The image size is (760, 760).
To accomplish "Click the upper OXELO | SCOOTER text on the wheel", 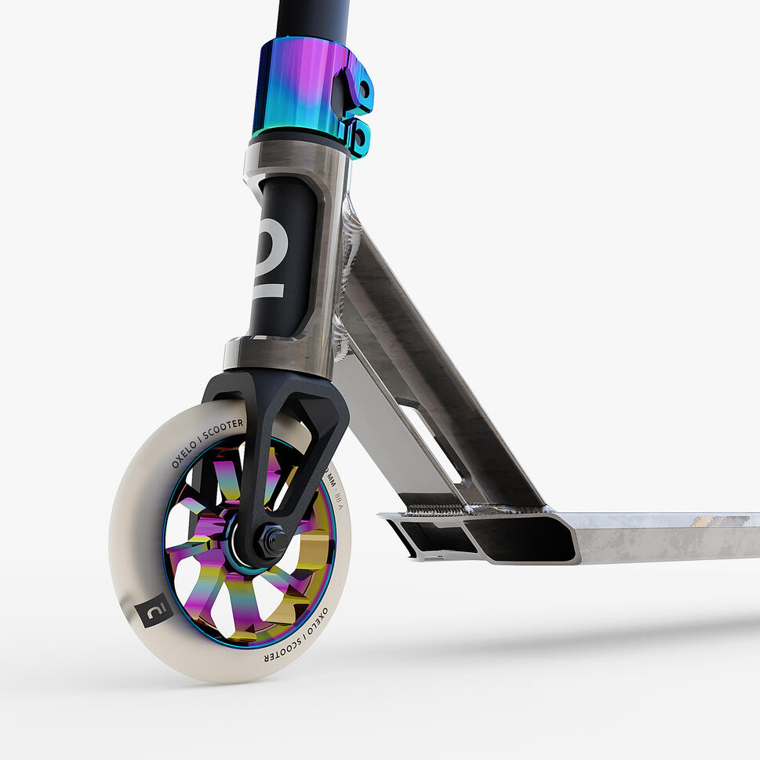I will tap(206, 442).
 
